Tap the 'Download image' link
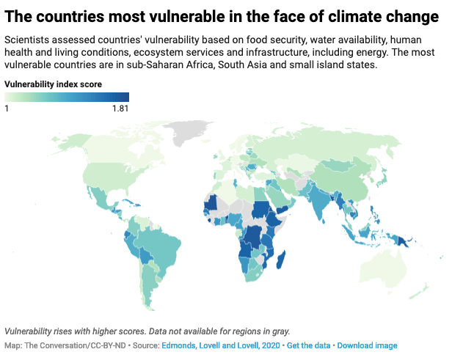(367, 345)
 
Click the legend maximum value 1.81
(120, 109)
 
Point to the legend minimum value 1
(7, 109)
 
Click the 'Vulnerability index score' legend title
(53, 84)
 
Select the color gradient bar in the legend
(67, 97)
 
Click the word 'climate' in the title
(339, 16)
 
